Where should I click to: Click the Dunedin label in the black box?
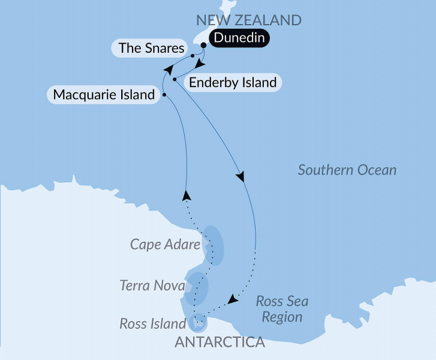(239, 40)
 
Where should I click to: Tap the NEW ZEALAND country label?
(248, 20)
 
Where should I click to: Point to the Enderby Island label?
(232, 82)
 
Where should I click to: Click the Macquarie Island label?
(104, 95)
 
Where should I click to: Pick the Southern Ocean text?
(347, 170)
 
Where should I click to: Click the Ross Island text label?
(152, 324)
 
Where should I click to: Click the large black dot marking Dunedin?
(204, 44)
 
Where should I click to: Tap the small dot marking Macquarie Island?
(164, 94)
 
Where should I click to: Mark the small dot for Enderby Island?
(174, 79)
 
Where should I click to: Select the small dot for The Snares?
(192, 56)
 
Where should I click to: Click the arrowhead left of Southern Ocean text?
(241, 177)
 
